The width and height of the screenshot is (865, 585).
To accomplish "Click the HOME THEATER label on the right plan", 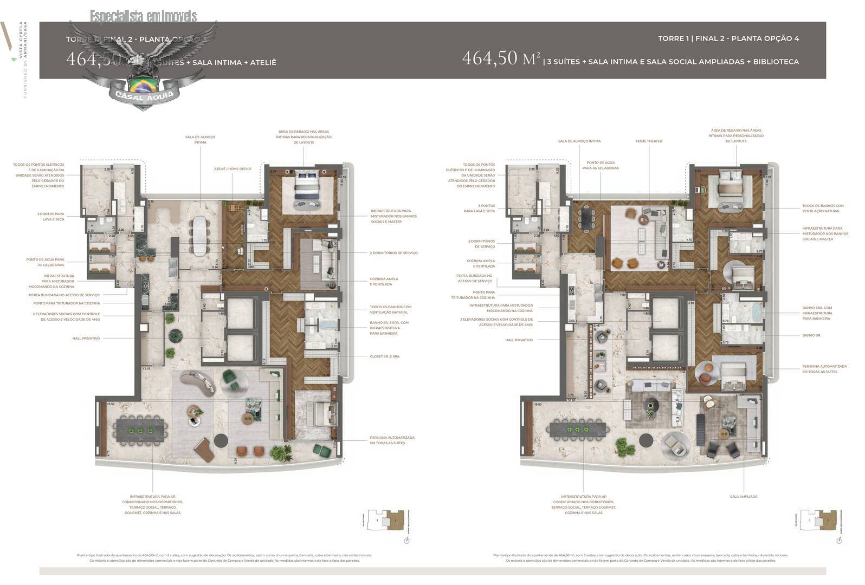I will pos(649,141).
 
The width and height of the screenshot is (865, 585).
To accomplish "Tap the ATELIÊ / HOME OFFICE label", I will pos(233,169).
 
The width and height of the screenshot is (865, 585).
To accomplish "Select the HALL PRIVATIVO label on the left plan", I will pos(86,338).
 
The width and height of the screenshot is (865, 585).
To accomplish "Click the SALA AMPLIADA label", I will pos(744,496).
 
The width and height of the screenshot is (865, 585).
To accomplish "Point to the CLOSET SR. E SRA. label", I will pos(385,356).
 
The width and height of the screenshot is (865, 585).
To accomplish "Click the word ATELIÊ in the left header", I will pos(263,62).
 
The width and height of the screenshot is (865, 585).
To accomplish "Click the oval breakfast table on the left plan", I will pos(198,232).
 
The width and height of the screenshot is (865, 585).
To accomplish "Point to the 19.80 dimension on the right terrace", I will pos(537,404).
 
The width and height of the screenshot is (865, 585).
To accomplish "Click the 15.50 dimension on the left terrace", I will pos(111,404).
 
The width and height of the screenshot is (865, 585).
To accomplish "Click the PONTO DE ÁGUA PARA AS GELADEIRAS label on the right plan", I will pos(601,165).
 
